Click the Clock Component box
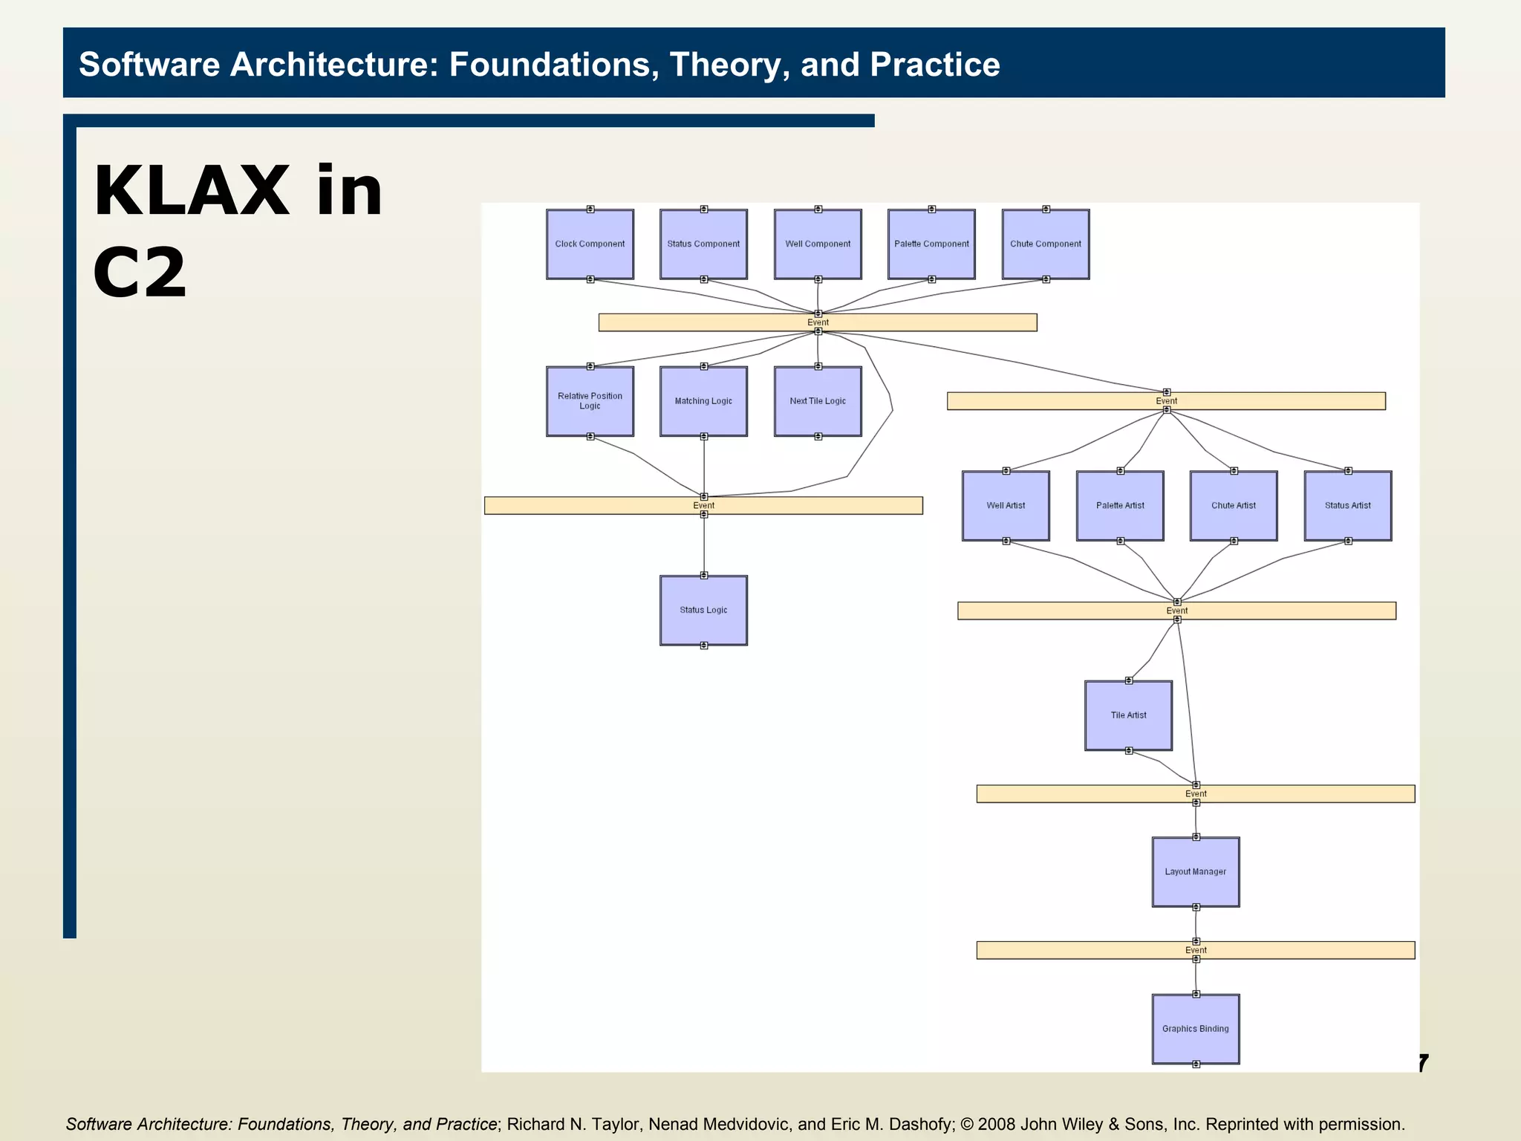click(590, 244)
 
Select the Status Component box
click(703, 244)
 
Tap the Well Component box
click(818, 244)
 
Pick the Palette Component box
click(931, 244)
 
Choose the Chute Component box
click(1046, 244)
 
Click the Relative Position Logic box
click(590, 401)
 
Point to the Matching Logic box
click(703, 401)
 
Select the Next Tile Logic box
click(818, 401)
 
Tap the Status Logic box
click(703, 611)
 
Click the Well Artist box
click(1006, 506)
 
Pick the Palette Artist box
click(1120, 506)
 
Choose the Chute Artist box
click(1234, 506)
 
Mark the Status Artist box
click(1348, 506)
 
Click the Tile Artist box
click(1128, 715)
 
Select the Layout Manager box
click(1196, 872)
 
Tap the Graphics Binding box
click(1196, 1029)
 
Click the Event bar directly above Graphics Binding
click(1196, 950)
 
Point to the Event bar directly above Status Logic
click(703, 506)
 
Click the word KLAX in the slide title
click(191, 192)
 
